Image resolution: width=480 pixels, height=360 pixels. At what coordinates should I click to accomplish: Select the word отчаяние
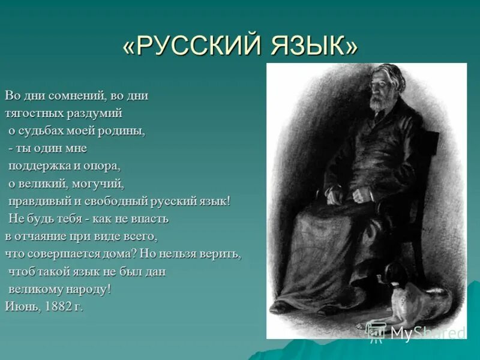coord(38,236)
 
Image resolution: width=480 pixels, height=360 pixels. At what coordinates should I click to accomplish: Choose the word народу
coord(87,289)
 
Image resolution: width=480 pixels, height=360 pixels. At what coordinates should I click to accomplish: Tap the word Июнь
coord(22,307)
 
